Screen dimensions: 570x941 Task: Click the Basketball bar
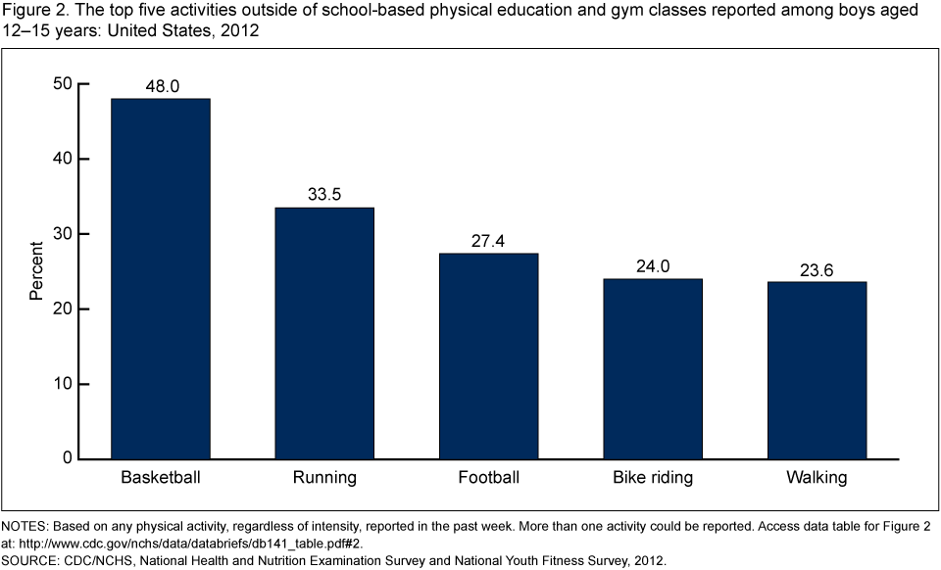tap(161, 278)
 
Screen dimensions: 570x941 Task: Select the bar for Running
tap(324, 333)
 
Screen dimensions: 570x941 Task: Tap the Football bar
tap(488, 356)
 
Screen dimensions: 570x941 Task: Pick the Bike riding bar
tap(653, 368)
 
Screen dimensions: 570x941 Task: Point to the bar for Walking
tap(817, 370)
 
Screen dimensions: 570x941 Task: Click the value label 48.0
tap(161, 86)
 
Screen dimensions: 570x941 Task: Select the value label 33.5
tap(324, 195)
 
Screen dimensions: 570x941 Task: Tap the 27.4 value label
tap(488, 241)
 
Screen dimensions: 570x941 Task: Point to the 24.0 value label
tap(653, 266)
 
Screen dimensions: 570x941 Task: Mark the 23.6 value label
tap(817, 269)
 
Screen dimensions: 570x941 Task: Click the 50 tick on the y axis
tap(63, 84)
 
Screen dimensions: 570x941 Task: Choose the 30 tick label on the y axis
tap(63, 234)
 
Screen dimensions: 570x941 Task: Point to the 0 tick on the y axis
tap(68, 458)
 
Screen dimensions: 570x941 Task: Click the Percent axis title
tap(35, 271)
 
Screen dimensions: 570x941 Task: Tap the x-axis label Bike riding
tap(653, 479)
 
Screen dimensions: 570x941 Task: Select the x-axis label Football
tap(488, 479)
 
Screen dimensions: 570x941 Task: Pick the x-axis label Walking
tap(817, 479)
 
